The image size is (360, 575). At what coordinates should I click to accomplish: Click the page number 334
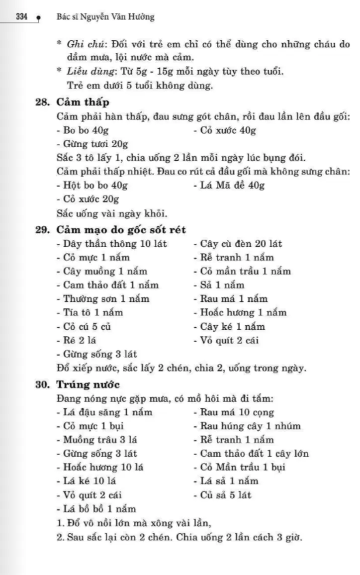click(21, 17)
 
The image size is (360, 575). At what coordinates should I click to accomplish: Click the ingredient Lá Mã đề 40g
click(229, 186)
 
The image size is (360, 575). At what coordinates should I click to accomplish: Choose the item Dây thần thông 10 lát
click(112, 244)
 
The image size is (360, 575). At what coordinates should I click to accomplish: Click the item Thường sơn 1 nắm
click(103, 299)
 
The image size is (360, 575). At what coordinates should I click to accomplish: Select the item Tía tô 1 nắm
click(90, 313)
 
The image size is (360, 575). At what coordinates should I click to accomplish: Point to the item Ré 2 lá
click(77, 340)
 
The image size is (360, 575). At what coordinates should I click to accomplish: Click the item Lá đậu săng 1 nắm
click(105, 412)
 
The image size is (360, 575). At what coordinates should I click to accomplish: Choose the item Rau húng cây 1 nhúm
click(247, 426)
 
